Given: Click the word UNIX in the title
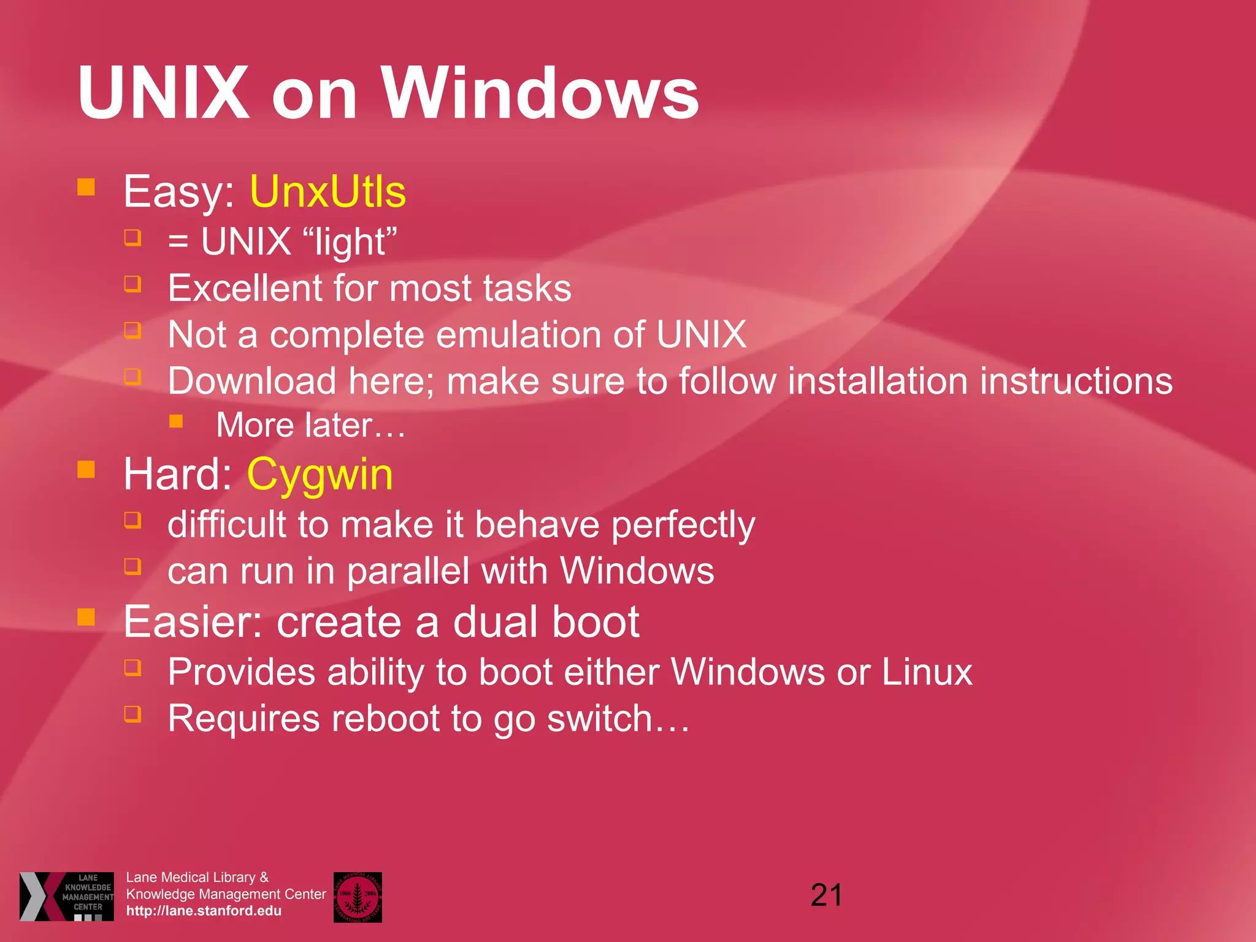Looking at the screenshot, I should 163,93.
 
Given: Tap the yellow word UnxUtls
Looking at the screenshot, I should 327,192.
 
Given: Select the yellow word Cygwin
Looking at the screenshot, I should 320,475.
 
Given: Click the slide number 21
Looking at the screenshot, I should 826,895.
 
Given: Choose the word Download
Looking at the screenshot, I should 252,381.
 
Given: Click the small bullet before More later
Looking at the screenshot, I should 177,421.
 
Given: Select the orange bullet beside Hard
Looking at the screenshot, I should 86,470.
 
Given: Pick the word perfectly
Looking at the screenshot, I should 683,526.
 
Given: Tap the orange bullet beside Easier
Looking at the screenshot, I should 86,617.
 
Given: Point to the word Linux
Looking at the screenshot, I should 927,672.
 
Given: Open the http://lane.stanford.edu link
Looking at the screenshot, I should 204,911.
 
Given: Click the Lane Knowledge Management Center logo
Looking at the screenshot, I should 67,897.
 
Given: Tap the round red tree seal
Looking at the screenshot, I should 358,897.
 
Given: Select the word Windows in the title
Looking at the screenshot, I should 540,93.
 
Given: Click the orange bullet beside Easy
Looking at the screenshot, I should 86,186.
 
